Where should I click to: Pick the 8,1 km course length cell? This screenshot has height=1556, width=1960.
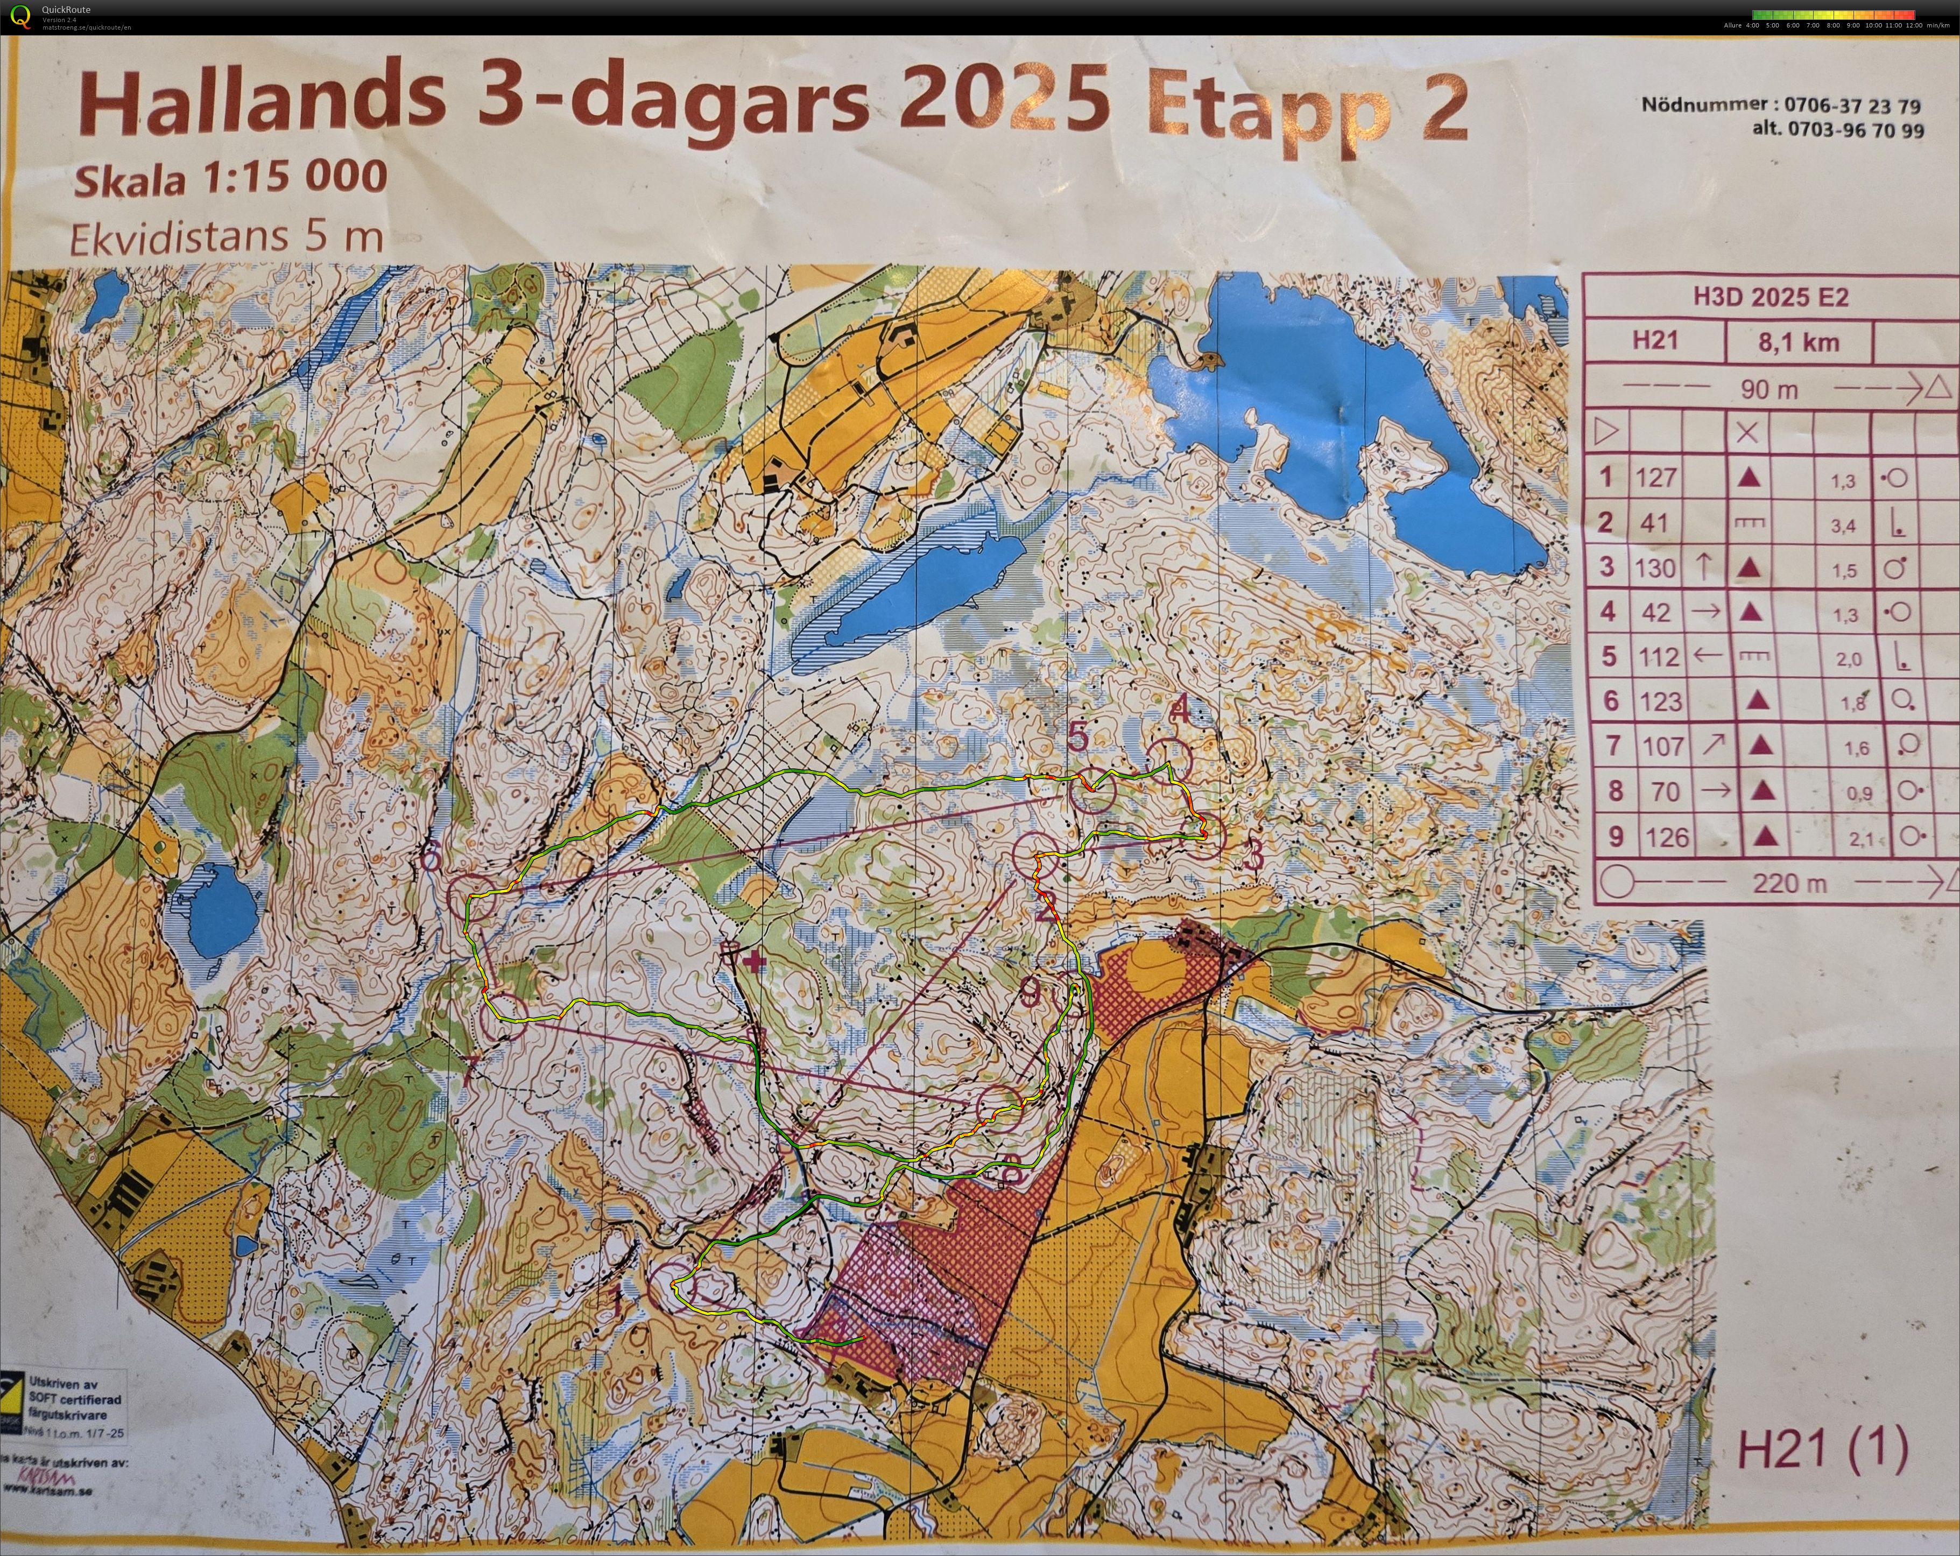coord(1798,343)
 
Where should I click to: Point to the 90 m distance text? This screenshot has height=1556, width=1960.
coord(1769,389)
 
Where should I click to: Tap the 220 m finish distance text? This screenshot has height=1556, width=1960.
coord(1788,882)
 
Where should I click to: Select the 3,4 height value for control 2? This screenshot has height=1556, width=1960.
coord(1843,525)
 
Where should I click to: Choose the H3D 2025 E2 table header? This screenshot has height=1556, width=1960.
coord(1770,297)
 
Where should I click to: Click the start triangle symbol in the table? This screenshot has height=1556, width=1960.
coord(1606,431)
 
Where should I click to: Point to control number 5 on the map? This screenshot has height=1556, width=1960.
coord(1077,737)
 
